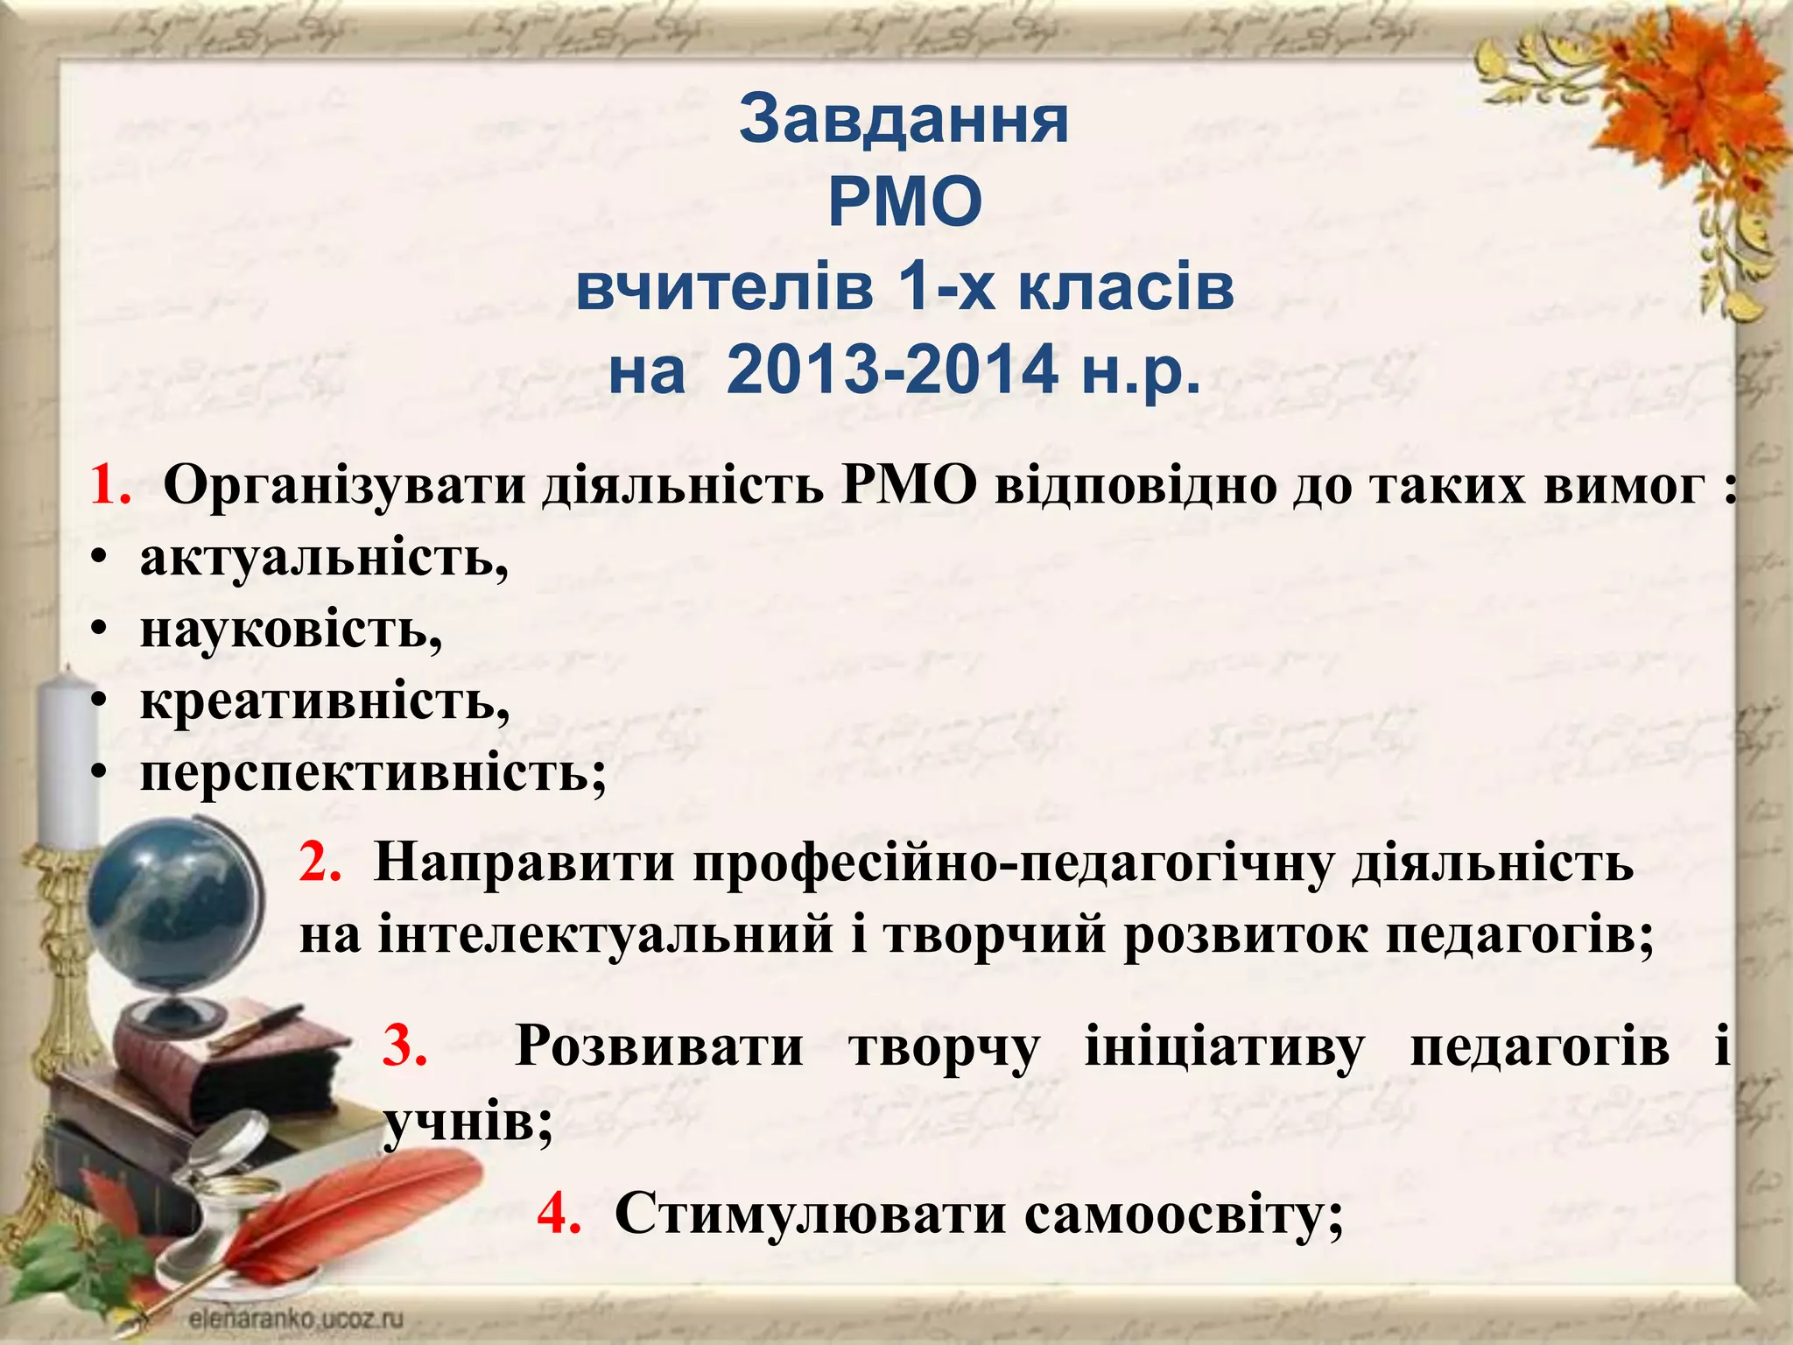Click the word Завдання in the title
(x=904, y=120)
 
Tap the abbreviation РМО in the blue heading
(x=904, y=203)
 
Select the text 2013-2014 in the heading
(x=892, y=370)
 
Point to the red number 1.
(x=109, y=484)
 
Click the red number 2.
(x=320, y=863)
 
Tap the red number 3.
(x=404, y=1046)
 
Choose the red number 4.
(x=559, y=1214)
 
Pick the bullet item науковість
(x=291, y=630)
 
